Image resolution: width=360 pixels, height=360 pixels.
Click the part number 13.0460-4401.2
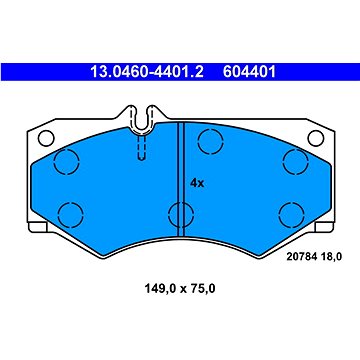click(147, 72)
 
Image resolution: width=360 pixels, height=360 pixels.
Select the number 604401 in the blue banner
click(249, 72)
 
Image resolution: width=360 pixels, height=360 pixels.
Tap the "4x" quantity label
click(197, 183)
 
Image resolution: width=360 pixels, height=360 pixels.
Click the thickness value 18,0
click(330, 257)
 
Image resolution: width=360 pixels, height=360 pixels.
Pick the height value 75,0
click(202, 289)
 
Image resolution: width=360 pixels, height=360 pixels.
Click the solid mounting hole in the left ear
click(46, 138)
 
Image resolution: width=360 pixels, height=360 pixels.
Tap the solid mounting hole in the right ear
click(316, 138)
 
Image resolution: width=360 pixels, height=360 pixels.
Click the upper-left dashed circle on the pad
click(66, 162)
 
